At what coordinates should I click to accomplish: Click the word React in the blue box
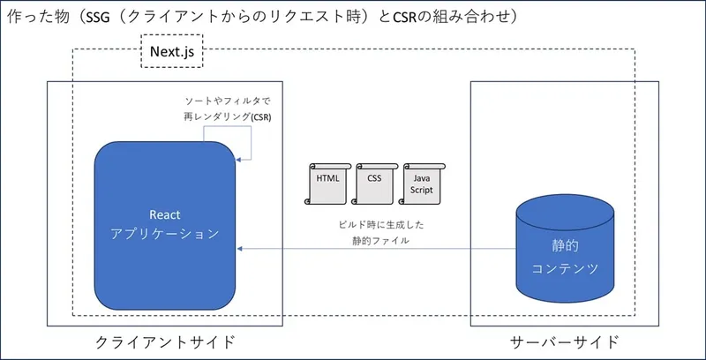[x=165, y=214]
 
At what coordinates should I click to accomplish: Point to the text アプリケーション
[x=165, y=236]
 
